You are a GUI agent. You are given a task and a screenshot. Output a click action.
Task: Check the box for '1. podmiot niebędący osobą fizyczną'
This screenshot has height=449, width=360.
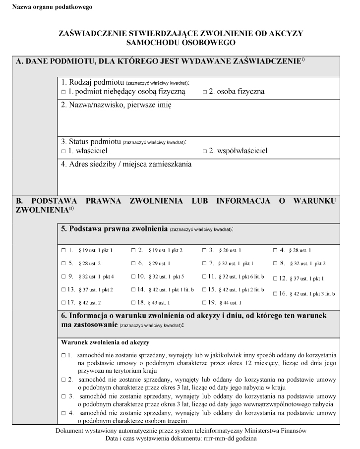tap(63, 92)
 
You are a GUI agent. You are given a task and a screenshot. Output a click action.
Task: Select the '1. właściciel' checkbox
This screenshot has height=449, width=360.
tap(63, 151)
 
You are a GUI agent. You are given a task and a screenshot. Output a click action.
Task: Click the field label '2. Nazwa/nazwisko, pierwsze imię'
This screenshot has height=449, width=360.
tap(116, 105)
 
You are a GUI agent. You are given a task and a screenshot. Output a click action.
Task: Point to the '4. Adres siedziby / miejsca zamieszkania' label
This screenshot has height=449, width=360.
tap(126, 165)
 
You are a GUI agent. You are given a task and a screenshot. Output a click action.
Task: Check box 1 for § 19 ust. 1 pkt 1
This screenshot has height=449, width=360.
tap(63, 250)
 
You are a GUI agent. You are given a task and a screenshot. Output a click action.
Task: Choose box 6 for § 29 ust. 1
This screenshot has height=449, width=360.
tap(133, 263)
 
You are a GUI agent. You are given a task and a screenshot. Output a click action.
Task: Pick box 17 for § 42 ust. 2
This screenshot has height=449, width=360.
tap(63, 302)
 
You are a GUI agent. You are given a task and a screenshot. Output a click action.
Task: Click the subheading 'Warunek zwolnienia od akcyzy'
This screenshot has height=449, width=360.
tap(105, 342)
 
